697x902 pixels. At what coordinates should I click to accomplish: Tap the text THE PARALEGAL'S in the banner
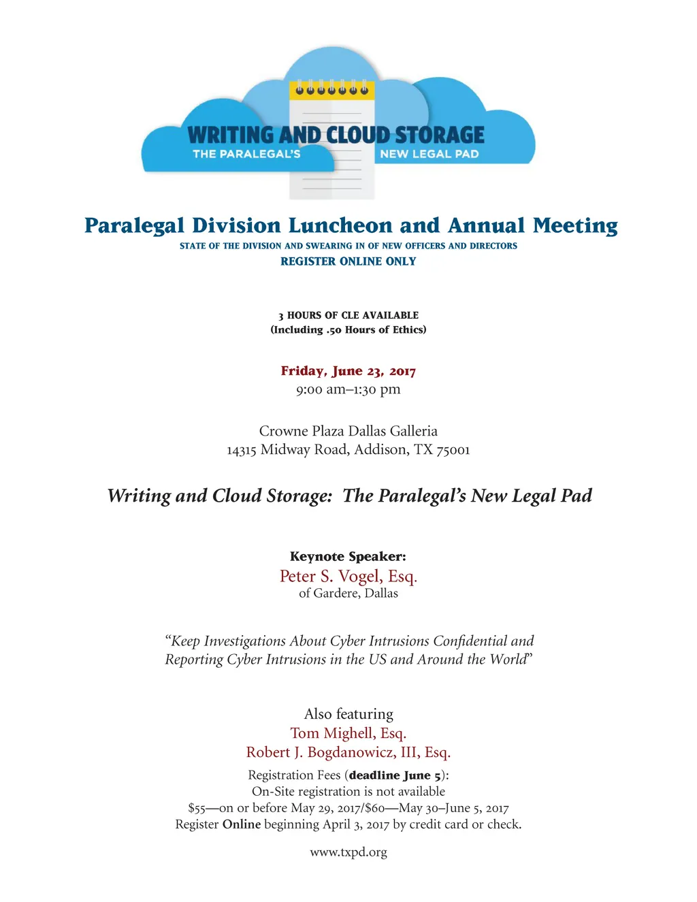246,154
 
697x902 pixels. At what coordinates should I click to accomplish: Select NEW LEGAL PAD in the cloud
429,154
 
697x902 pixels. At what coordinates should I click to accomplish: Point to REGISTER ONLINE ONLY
348,261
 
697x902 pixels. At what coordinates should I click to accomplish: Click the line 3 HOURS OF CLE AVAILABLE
348,315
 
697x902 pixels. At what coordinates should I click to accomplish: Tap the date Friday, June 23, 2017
348,371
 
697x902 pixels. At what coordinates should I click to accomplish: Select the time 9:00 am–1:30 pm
348,389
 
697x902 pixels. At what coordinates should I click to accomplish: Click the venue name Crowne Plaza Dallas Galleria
348,431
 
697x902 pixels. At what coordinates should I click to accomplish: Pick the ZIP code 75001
453,450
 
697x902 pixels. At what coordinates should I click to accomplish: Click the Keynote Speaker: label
348,556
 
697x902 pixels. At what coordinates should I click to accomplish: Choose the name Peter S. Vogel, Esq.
348,577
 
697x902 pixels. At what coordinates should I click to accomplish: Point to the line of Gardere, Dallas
348,594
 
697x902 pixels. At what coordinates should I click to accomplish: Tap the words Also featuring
348,714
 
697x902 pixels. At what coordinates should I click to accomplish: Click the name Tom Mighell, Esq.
348,733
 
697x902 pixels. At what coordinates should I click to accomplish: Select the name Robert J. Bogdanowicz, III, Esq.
348,752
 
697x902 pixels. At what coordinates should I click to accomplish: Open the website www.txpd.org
348,852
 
